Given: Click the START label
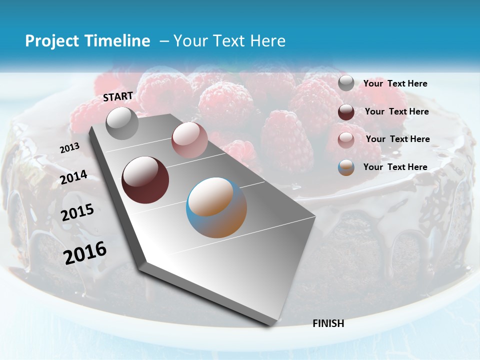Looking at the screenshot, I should [x=118, y=96].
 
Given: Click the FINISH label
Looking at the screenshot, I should [x=328, y=323].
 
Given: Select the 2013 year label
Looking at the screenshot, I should [x=69, y=148].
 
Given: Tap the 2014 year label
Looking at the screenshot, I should [x=73, y=177].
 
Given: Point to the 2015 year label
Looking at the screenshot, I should [x=77, y=213].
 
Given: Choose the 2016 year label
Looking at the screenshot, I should [x=85, y=252].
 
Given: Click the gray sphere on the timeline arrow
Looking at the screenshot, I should [x=122, y=123].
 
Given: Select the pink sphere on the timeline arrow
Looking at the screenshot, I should [x=189, y=140].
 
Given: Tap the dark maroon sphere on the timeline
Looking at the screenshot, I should [x=145, y=180].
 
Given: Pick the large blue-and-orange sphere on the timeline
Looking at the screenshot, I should [x=216, y=207].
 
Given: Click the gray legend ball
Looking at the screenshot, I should [x=346, y=83].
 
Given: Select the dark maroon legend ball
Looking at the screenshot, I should [x=346, y=111].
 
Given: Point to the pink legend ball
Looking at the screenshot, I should [x=346, y=139].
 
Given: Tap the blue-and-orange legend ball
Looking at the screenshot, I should [x=346, y=167].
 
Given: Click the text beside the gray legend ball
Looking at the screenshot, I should [x=395, y=83].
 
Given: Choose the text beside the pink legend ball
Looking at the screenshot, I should [x=397, y=139].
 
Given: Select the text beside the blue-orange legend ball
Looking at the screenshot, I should [x=395, y=167].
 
